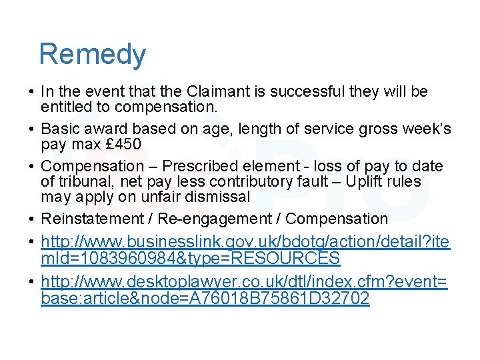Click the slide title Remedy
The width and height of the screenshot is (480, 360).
(x=92, y=54)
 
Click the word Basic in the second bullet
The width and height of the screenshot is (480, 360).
(x=59, y=129)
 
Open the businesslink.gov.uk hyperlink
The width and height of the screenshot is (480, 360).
(x=245, y=241)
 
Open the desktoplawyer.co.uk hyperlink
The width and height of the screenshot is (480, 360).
(x=244, y=283)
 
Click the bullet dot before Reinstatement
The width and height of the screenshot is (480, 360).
(x=32, y=219)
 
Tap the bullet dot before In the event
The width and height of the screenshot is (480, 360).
(x=32, y=92)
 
